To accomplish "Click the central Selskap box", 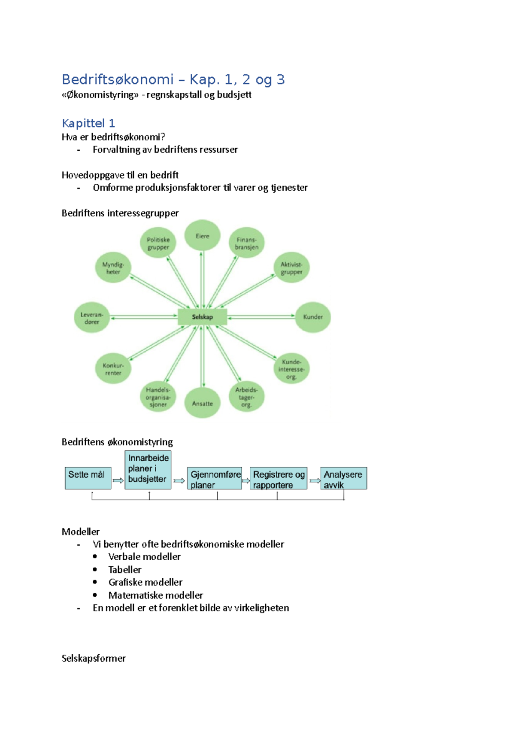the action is coord(202,317).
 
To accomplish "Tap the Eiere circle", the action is coord(202,235).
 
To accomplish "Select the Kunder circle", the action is coord(312,317).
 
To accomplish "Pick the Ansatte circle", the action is coord(202,403).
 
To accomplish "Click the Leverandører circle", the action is coord(92,318).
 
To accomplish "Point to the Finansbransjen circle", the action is coord(246,243).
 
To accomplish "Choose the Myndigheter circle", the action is coord(113,267).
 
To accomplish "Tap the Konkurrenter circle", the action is coord(113,368).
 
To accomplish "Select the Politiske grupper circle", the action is coord(158,243).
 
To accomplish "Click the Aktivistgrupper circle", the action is coord(291,267).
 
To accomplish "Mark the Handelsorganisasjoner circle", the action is coord(158,397).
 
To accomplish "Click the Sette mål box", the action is coord(88,478).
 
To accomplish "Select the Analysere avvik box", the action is coord(344,478).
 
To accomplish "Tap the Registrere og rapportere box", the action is coord(279,478).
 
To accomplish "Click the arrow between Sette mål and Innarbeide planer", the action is coord(118,480).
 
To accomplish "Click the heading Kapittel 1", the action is coord(88,123).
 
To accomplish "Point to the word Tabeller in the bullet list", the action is coord(125,570).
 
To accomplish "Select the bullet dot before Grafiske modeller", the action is coord(95,582).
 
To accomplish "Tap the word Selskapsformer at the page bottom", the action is coord(94,659).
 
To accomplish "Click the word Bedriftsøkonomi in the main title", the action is coord(118,79).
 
